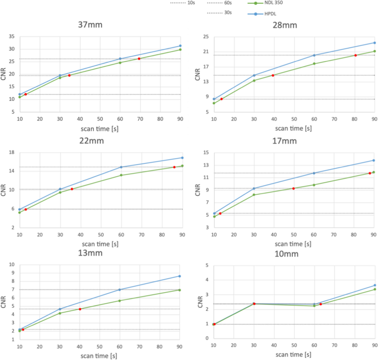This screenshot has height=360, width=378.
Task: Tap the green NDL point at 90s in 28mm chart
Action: click(374, 51)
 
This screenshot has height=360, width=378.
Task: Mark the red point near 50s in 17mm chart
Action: click(294, 189)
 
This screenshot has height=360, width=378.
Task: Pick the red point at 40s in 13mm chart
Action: click(80, 309)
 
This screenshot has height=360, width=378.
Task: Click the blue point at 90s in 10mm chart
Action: click(374, 286)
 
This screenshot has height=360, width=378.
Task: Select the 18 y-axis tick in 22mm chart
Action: click(11, 152)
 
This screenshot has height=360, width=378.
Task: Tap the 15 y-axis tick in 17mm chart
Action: click(205, 153)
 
